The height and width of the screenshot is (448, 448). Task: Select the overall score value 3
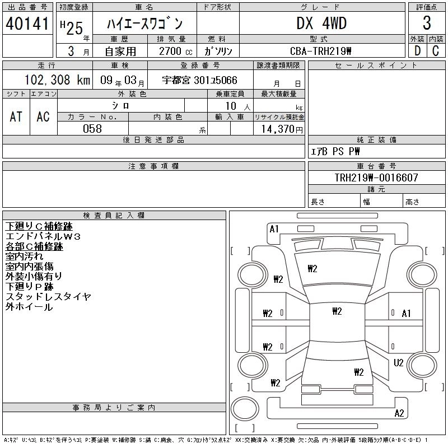[427, 24]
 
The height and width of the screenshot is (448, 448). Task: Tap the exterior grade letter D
[417, 50]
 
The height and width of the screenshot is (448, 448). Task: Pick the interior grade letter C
[436, 50]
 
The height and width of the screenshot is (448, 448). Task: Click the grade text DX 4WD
[321, 24]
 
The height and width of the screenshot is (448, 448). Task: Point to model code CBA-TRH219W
[321, 51]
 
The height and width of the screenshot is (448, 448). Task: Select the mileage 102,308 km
[57, 80]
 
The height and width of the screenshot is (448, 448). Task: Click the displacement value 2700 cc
[168, 51]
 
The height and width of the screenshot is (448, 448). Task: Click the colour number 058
[92, 129]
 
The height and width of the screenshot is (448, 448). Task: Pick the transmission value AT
[16, 116]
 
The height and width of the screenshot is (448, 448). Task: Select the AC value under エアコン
[43, 116]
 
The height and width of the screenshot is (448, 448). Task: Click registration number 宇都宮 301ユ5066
[199, 81]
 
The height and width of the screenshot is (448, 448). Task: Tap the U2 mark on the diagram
[399, 363]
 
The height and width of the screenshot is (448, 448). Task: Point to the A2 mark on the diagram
[399, 413]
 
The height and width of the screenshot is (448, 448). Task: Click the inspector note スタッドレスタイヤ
[48, 297]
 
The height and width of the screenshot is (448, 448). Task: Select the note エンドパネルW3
[43, 237]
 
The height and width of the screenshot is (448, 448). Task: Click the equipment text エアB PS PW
[335, 152]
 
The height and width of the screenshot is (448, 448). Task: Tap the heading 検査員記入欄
[114, 216]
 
